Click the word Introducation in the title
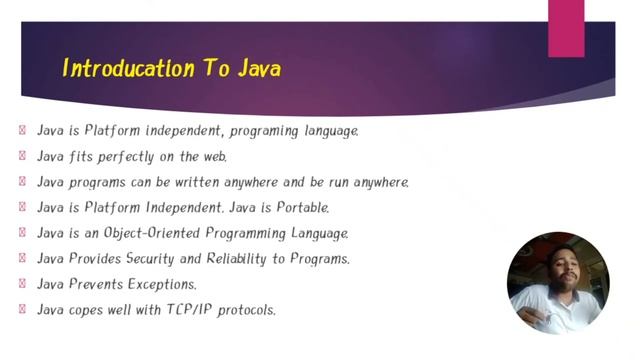pyautogui.click(x=120, y=69)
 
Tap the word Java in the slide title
pyautogui.click(x=259, y=69)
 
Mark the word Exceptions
pyautogui.click(x=161, y=285)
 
